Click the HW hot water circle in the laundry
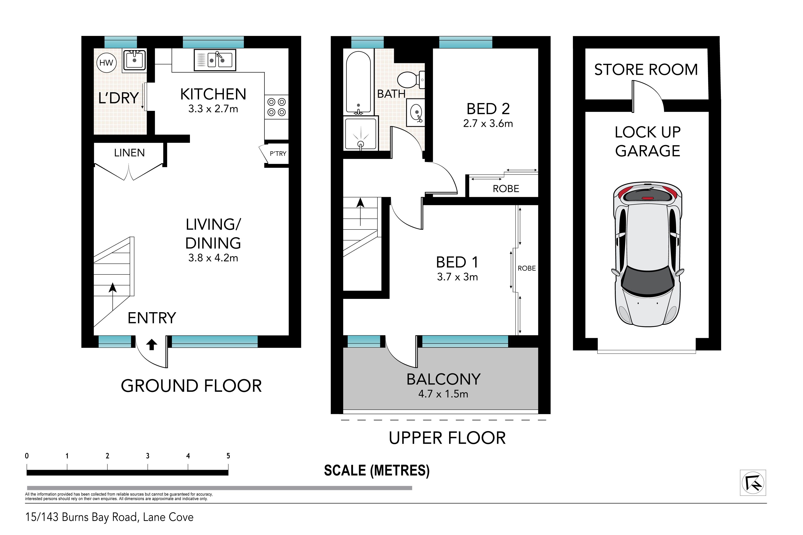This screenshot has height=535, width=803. (106, 63)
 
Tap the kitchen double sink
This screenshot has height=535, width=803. (215, 60)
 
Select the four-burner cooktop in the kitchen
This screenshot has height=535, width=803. (276, 107)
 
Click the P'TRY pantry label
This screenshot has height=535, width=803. (278, 154)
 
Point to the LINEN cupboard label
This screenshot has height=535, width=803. (129, 153)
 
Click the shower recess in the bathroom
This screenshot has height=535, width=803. (361, 133)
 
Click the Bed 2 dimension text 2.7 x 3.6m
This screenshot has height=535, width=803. (488, 123)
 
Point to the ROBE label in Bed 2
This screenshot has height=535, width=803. (506, 189)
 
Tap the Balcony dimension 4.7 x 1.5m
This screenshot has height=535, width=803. (443, 394)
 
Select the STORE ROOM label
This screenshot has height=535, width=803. (646, 70)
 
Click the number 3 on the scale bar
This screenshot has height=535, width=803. (148, 456)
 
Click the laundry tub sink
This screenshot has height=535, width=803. (134, 60)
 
